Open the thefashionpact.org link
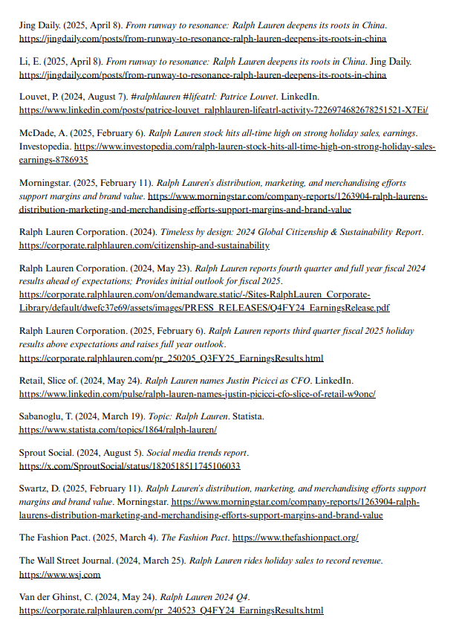(296, 537)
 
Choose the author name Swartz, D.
(42, 489)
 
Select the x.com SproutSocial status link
(129, 466)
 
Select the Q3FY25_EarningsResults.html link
(171, 358)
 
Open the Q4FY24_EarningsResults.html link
(171, 610)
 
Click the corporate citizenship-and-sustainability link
(144, 245)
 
